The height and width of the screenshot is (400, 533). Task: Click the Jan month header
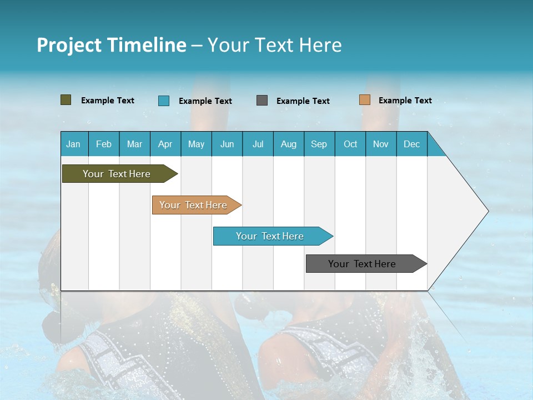73,144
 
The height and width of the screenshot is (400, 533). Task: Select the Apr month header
165,144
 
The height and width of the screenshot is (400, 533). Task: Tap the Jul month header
258,144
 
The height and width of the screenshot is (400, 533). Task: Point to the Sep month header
319,144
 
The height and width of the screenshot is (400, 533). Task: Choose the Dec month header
411,144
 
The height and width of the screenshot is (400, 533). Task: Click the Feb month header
104,144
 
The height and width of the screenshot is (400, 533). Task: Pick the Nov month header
380,144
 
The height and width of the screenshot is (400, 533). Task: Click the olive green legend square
66,100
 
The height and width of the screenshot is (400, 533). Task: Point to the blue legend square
163,101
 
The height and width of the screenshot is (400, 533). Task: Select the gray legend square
262,101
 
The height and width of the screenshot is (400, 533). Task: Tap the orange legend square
364,100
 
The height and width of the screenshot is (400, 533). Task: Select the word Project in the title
69,45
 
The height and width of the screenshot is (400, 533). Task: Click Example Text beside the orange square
405,101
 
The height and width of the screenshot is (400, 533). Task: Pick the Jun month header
227,144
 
